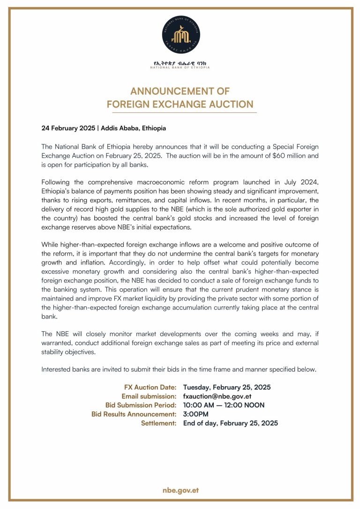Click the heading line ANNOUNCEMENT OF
coord(180,91)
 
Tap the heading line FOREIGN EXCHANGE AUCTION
coord(180,104)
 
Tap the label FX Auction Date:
coord(150,388)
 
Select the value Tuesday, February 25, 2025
coord(227,388)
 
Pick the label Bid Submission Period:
coord(141,405)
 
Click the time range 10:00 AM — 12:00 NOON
coord(224,405)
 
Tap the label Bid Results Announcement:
coord(134,414)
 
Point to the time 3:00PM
coord(196,414)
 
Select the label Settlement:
coord(158,423)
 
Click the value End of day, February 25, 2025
coord(230,423)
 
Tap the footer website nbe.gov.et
coord(180,490)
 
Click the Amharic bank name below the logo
coord(180,63)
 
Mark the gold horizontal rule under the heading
coord(180,113)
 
